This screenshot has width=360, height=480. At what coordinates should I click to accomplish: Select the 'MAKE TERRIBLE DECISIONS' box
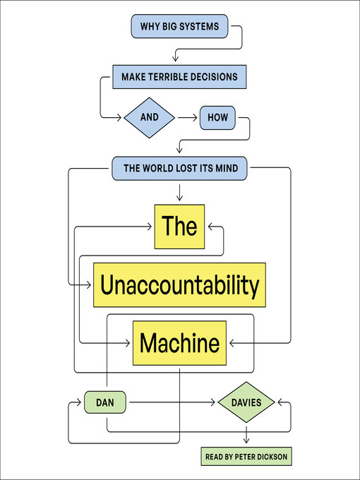181,76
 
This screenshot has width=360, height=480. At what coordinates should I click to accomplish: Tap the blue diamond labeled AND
149,117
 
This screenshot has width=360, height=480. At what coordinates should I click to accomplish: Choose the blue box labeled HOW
217,117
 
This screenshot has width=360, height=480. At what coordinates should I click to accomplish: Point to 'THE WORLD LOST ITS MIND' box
179,168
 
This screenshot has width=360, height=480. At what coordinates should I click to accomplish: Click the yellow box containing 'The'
179,227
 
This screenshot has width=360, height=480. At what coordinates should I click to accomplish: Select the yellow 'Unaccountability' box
179,284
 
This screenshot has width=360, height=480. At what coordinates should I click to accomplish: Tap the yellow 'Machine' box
179,343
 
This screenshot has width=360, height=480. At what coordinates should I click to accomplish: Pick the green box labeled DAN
105,403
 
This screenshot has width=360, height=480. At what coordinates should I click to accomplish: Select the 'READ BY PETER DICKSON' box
245,457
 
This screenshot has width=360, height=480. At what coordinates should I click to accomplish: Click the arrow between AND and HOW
186,117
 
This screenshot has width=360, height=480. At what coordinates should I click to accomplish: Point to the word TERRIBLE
176,76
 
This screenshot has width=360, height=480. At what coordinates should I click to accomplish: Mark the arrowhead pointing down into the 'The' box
179,197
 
